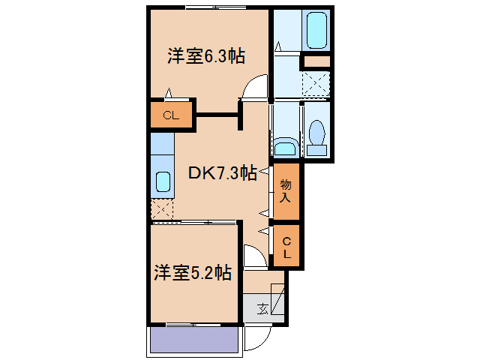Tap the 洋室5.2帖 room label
click(x=193, y=273)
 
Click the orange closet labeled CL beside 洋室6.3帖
click(x=170, y=115)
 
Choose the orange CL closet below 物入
click(x=286, y=246)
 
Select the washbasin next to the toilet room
click(x=284, y=145)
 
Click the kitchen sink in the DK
click(x=163, y=181)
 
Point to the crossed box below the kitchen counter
click(x=162, y=209)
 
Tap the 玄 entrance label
click(x=262, y=308)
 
